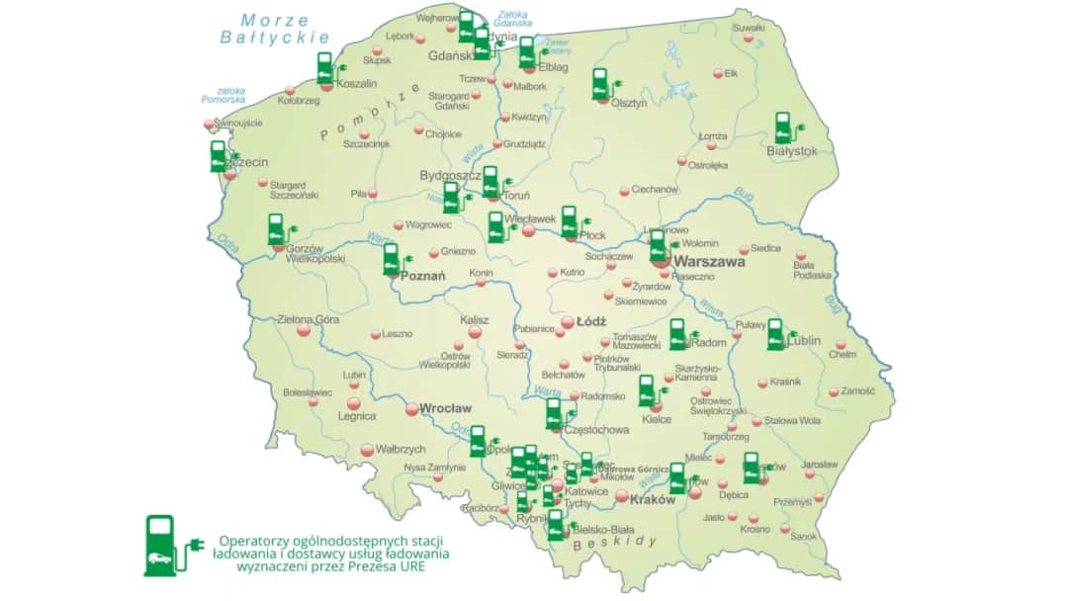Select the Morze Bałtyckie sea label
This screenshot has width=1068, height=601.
(274, 28)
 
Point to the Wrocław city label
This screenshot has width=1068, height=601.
(446, 407)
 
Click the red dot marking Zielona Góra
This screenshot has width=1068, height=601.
(304, 331)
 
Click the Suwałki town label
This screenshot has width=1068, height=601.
(749, 28)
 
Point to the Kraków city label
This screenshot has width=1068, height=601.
(652, 499)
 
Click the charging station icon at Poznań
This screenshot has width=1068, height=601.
(393, 259)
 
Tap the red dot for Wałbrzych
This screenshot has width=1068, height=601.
(368, 449)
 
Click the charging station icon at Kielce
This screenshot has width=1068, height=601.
(648, 390)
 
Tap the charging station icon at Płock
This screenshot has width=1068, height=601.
(571, 221)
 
